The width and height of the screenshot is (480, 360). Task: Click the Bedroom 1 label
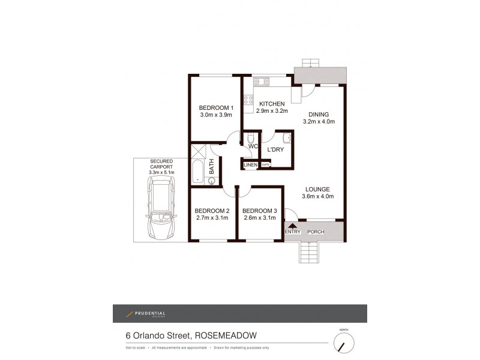pyautogui.click(x=216, y=109)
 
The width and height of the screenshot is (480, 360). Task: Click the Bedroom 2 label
pyautogui.click(x=212, y=211)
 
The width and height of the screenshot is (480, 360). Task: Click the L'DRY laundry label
pyautogui.click(x=275, y=150)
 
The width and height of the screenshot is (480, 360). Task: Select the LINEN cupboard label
pyautogui.click(x=251, y=165)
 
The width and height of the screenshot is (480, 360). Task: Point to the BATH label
pyautogui.click(x=212, y=166)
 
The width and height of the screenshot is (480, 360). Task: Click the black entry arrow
pyautogui.click(x=293, y=226)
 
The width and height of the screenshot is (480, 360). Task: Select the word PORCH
pyautogui.click(x=316, y=232)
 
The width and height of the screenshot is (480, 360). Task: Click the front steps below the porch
pyautogui.click(x=309, y=251)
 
